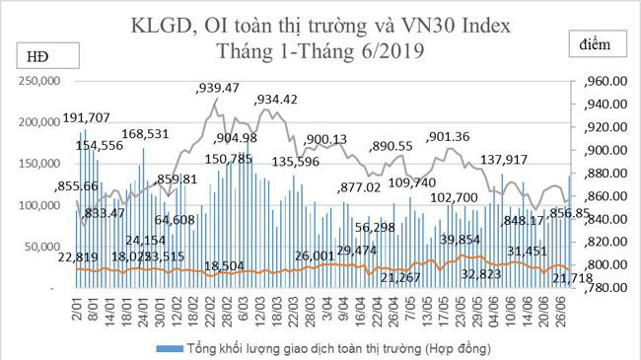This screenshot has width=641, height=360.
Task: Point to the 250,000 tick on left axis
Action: (40, 81)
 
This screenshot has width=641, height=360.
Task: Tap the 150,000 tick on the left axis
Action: (40, 164)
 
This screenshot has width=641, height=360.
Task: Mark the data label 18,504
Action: (225, 265)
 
